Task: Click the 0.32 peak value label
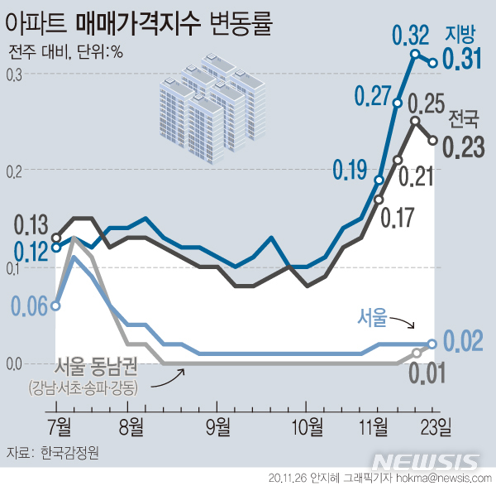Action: (410, 36)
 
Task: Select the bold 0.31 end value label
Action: (464, 59)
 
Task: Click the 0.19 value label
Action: (350, 171)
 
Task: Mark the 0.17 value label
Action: (397, 219)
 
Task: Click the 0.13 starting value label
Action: (31, 224)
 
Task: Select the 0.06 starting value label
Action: (31, 306)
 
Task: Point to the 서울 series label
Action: (373, 315)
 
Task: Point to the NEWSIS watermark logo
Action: (425, 461)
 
